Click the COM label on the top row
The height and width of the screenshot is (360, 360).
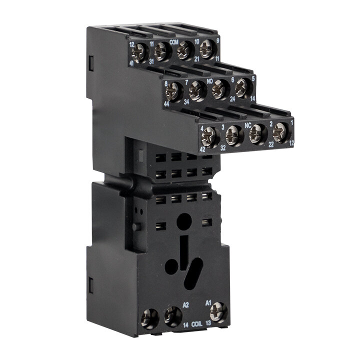coord(174,42)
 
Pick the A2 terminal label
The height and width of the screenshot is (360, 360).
coord(185,304)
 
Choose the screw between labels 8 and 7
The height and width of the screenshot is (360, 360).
coord(173,92)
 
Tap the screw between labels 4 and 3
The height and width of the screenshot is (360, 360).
coord(210,137)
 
